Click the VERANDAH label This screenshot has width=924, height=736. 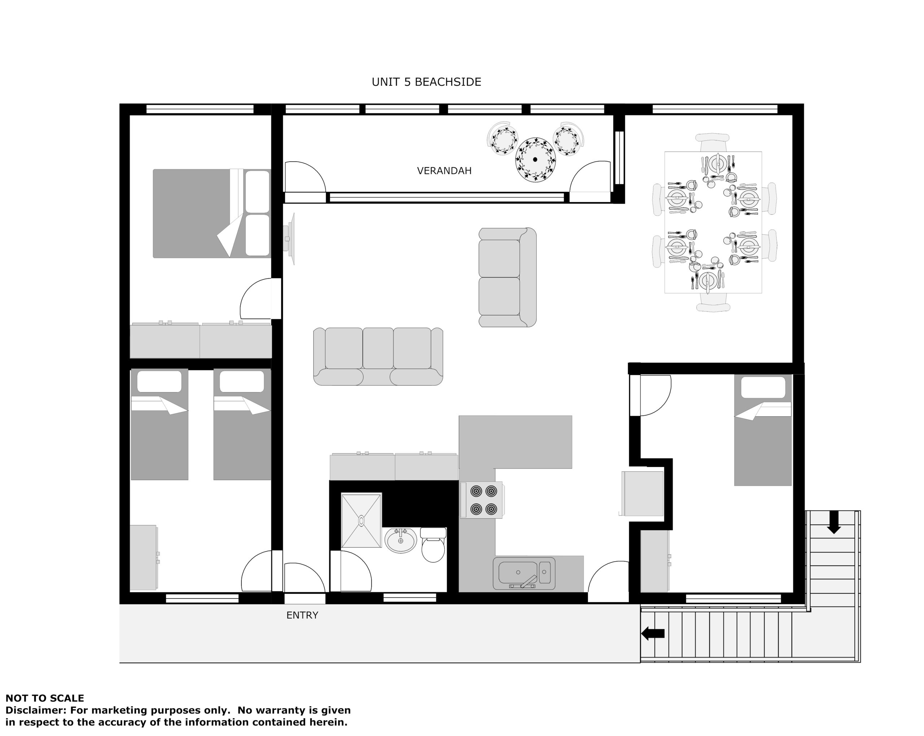coord(444,171)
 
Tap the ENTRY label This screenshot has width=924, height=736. coord(302,615)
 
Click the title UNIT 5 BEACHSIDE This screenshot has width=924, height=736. coord(426,82)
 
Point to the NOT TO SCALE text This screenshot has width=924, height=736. coord(44,698)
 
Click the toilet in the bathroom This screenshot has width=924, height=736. coord(433,545)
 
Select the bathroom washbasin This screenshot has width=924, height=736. coord(401,540)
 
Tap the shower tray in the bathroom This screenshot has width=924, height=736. coord(361,521)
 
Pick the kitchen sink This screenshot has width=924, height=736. coord(524,573)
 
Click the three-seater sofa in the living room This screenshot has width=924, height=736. coord(378,357)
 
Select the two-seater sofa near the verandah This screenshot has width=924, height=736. coord(507,277)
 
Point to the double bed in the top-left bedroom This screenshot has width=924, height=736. coord(212,213)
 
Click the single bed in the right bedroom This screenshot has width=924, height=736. coord(763,430)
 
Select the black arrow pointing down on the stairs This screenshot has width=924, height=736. coord(833,523)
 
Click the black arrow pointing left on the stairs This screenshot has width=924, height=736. coord(653,633)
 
